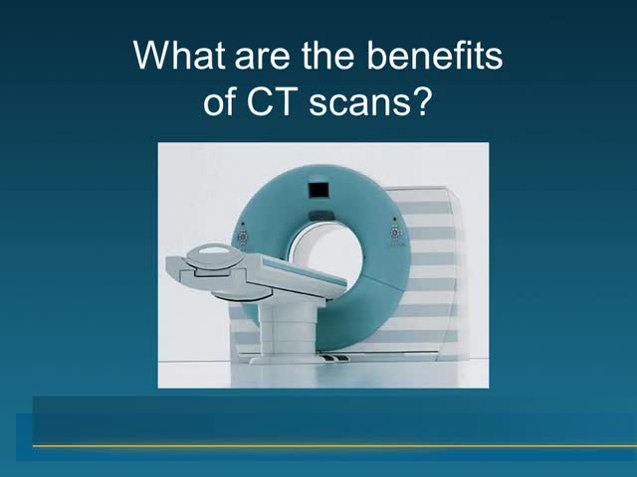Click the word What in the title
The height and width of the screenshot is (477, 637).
point(179,55)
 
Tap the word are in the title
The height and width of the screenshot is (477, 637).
point(262,59)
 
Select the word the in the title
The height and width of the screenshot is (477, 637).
point(327,55)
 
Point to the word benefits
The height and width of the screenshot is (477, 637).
point(435,55)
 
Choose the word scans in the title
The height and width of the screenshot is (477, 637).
point(360,105)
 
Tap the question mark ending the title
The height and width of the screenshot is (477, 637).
point(420,101)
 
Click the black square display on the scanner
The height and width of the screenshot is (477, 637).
point(318,190)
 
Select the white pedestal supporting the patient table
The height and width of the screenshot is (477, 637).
point(288,329)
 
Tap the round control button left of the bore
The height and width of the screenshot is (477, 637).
point(242,237)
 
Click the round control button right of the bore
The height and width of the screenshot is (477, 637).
point(396,233)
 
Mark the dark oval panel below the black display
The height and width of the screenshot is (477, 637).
point(321,216)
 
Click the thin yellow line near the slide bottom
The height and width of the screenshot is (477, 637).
point(334,446)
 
